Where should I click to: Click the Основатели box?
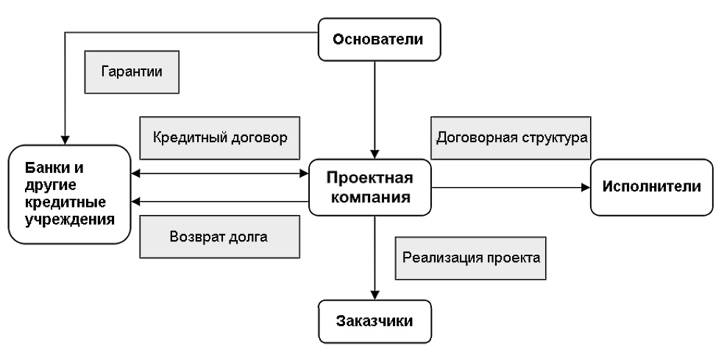click(x=379, y=40)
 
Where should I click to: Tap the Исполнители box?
click(x=652, y=187)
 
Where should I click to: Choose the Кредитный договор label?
click(x=219, y=138)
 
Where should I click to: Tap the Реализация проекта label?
click(x=471, y=258)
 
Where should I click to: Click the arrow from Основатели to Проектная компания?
click(x=376, y=110)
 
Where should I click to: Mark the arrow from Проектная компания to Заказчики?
click(x=376, y=258)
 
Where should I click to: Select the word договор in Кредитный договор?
click(x=255, y=138)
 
